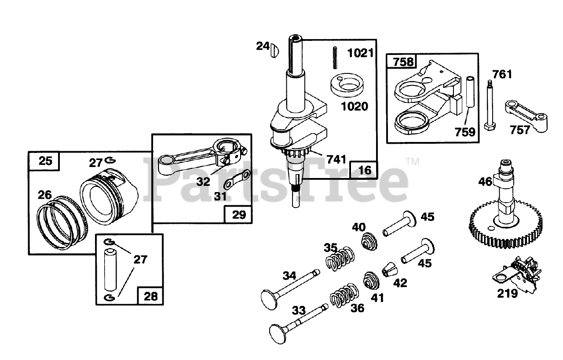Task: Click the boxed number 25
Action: (45, 161)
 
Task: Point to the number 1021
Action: (360, 54)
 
